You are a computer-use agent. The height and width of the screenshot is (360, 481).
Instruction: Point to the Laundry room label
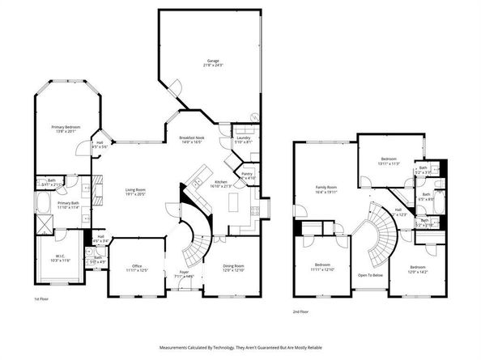tap(243, 138)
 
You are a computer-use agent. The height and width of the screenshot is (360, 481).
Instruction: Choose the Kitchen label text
tap(220, 182)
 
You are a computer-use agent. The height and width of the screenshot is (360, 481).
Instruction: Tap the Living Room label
tap(134, 191)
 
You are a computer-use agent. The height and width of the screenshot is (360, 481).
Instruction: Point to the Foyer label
tap(184, 273)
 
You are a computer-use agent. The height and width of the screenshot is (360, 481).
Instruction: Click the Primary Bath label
tap(67, 203)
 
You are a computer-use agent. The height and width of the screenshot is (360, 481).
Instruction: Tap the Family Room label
tap(326, 188)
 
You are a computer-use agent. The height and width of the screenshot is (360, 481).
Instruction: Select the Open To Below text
tap(370, 275)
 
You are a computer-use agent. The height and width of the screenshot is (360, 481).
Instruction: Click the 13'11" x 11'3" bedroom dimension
tap(389, 163)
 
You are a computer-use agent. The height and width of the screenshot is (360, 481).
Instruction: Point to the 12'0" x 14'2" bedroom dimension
tap(418, 271)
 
